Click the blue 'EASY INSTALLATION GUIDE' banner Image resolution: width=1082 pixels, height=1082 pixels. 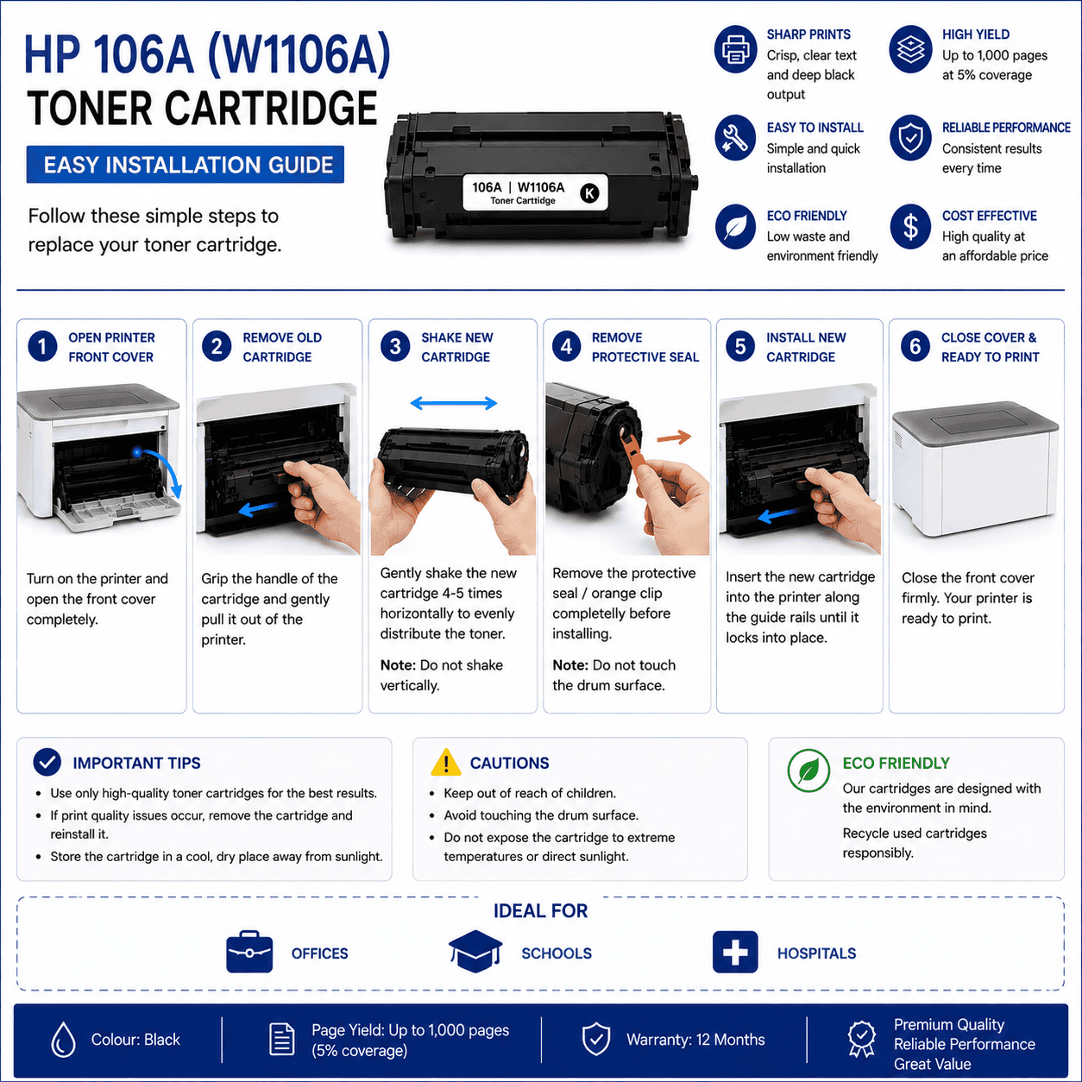186,165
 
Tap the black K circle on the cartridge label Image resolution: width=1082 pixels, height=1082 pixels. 589,193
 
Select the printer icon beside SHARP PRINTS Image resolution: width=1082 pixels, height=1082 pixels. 735,49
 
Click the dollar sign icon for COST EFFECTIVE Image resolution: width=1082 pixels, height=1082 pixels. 910,227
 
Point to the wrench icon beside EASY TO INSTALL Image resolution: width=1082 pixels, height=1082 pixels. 735,137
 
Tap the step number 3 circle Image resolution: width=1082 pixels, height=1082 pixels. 395,347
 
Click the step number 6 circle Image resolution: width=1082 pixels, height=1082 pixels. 915,347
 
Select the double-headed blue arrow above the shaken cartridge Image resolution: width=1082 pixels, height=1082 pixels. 454,403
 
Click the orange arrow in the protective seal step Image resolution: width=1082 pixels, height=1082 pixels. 674,437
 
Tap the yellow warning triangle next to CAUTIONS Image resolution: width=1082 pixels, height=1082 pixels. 446,762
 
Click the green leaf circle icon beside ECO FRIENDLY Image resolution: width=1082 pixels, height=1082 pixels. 808,771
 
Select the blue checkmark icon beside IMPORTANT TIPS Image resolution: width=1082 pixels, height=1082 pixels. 47,762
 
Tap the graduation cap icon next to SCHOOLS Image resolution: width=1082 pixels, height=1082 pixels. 475,951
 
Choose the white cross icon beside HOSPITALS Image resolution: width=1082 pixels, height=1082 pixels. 735,952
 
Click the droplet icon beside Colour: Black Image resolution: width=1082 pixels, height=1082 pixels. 63,1039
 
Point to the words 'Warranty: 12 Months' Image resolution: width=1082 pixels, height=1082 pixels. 695,1040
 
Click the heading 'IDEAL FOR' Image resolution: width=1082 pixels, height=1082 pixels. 541,911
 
